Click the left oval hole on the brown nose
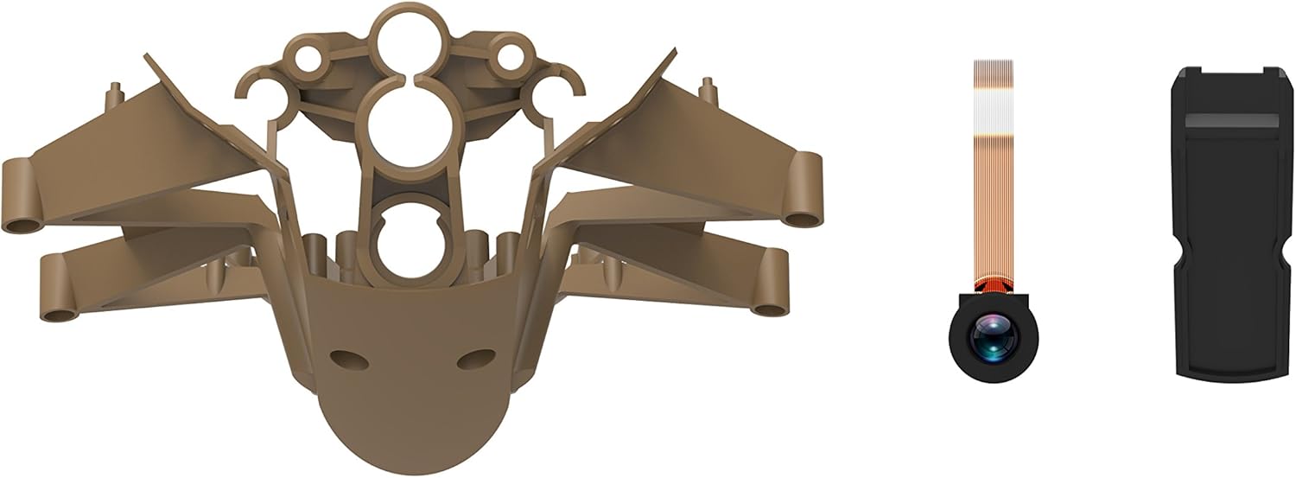pyautogui.click(x=344, y=355)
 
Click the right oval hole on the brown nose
pyautogui.click(x=471, y=356)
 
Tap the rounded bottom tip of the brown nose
pyautogui.click(x=406, y=454)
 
